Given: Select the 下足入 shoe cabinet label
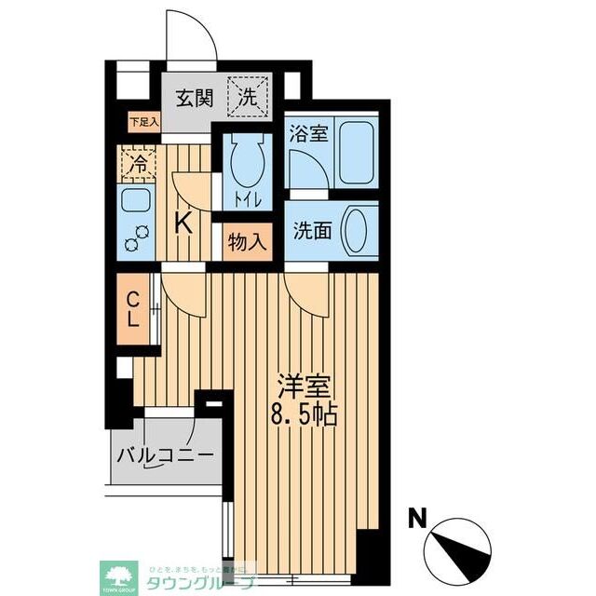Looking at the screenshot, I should tap(143, 121).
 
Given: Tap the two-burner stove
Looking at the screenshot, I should tap(138, 238).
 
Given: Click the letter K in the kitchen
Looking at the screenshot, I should tap(185, 223).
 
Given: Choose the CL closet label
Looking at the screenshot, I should tap(134, 309).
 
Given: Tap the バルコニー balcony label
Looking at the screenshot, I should tap(167, 456).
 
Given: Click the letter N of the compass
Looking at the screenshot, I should tap(418, 516).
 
